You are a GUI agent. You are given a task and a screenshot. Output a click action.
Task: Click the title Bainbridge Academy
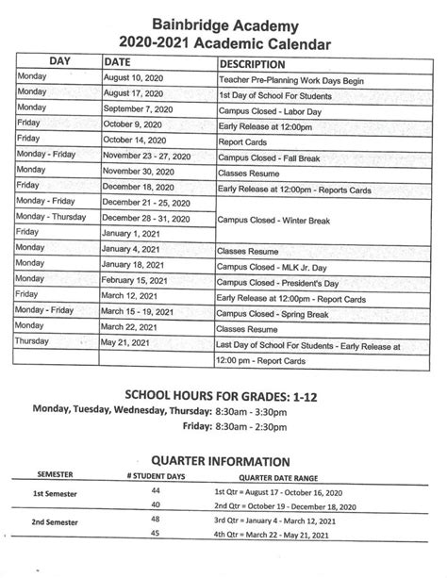click(223, 20)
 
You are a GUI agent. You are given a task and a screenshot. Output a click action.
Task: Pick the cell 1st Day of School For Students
click(283, 98)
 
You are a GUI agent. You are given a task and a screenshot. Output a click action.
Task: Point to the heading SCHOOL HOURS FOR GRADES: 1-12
click(223, 393)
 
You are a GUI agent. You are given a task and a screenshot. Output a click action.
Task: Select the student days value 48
click(156, 520)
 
